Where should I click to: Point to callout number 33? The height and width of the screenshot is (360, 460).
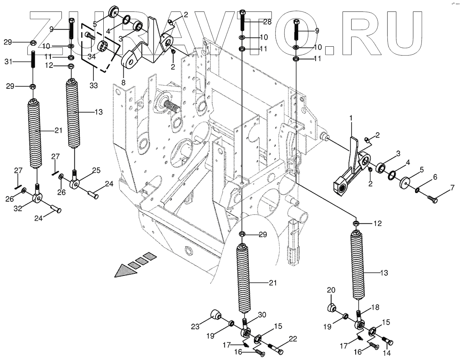(x=93, y=86)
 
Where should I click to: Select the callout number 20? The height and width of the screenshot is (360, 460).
(x=331, y=290)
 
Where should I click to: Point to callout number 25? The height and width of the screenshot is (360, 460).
(x=96, y=170)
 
